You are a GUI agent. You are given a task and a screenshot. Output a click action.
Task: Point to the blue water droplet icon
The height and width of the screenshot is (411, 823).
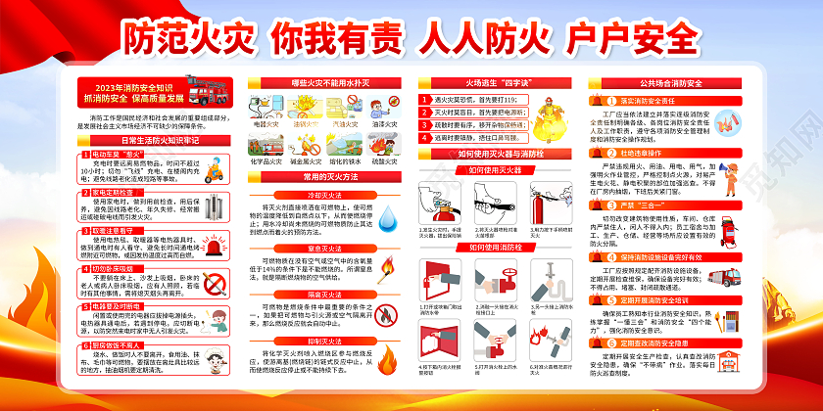click(387, 223)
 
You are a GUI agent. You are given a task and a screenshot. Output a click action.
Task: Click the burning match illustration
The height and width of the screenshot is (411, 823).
click(386, 270)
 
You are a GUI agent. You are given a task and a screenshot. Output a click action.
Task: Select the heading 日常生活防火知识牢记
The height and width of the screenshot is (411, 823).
click(159, 140)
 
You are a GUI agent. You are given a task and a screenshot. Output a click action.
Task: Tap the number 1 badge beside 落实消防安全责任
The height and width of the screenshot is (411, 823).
click(595, 100)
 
